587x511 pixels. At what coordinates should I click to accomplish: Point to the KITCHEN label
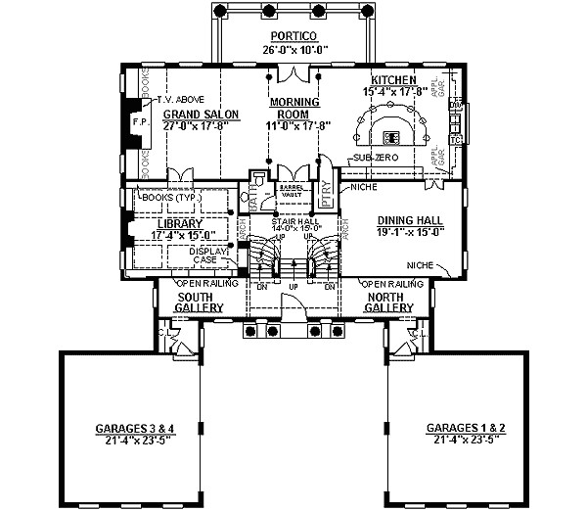394,79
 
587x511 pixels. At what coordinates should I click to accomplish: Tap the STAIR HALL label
293,223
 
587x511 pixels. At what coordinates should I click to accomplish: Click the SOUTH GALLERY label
201,302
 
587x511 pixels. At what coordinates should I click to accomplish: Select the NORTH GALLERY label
390,302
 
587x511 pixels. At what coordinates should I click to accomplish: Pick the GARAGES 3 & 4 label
135,429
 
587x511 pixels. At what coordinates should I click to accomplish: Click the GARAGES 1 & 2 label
466,429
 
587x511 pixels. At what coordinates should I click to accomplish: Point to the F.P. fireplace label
137,122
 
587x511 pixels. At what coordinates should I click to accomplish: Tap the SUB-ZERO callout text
372,157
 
